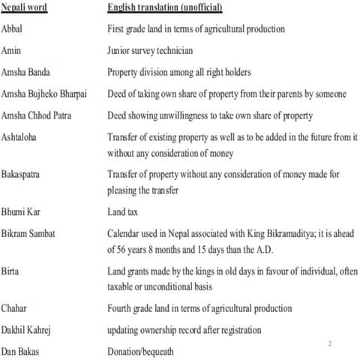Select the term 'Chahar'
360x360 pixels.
click(16, 308)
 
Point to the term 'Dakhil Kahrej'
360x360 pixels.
click(31, 329)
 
